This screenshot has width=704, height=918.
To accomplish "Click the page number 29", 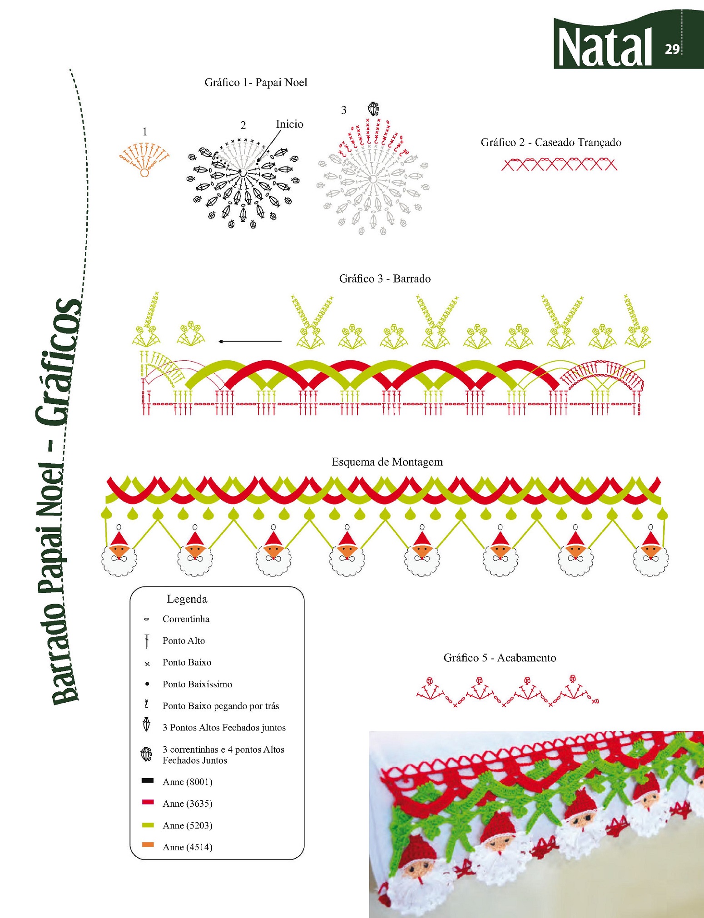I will click(672, 49).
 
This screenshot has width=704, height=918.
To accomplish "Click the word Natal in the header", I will click(605, 47).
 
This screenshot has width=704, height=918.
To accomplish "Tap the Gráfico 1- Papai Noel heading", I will click(256, 83).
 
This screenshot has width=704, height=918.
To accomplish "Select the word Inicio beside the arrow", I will click(289, 124).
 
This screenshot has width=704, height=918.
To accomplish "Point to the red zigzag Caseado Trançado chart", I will click(559, 164).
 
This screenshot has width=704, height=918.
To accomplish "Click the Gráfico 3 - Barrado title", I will click(385, 278).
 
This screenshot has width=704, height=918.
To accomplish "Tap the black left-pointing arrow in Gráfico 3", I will click(250, 341).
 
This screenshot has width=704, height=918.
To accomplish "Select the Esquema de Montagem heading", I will click(387, 462).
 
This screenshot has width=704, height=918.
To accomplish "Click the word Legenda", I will click(187, 599).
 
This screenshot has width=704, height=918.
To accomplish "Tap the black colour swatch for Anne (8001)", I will click(148, 781).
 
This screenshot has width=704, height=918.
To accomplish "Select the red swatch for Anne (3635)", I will click(148, 803).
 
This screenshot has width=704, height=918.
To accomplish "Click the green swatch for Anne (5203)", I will click(148, 825).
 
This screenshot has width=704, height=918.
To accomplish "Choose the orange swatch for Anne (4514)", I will click(148, 845).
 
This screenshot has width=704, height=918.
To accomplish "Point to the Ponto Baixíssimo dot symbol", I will click(147, 684).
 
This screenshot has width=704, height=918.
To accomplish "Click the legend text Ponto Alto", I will click(183, 640).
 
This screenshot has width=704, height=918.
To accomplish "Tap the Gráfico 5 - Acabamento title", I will click(500, 658).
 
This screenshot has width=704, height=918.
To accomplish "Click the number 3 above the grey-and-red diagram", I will click(344, 110).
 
